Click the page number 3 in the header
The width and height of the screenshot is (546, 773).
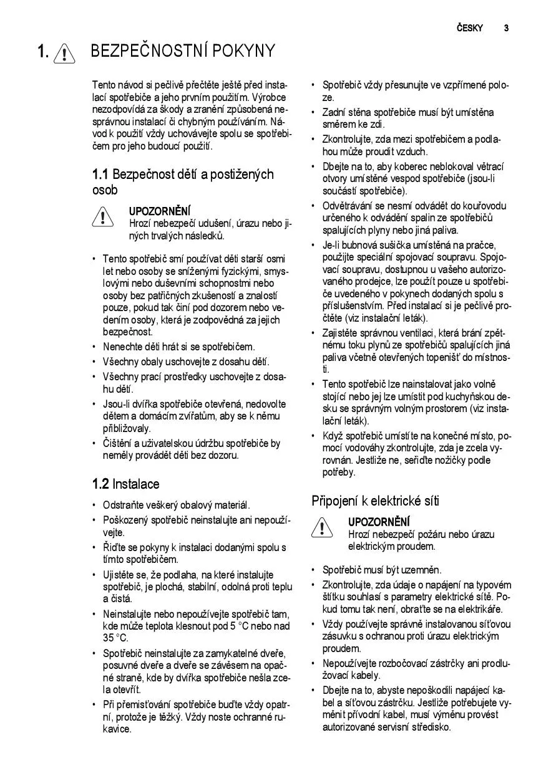click(506, 27)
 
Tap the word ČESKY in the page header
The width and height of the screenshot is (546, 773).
click(469, 27)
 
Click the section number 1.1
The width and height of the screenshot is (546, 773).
click(100, 175)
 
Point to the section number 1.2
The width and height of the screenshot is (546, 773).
click(100, 484)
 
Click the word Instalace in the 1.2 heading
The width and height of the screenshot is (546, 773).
click(136, 484)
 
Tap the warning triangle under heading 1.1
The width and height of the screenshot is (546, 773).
click(102, 218)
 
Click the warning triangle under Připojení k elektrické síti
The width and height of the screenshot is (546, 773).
click(321, 528)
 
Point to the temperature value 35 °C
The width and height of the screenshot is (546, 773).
click(115, 638)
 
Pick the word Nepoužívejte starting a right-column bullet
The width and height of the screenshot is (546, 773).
click(352, 663)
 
